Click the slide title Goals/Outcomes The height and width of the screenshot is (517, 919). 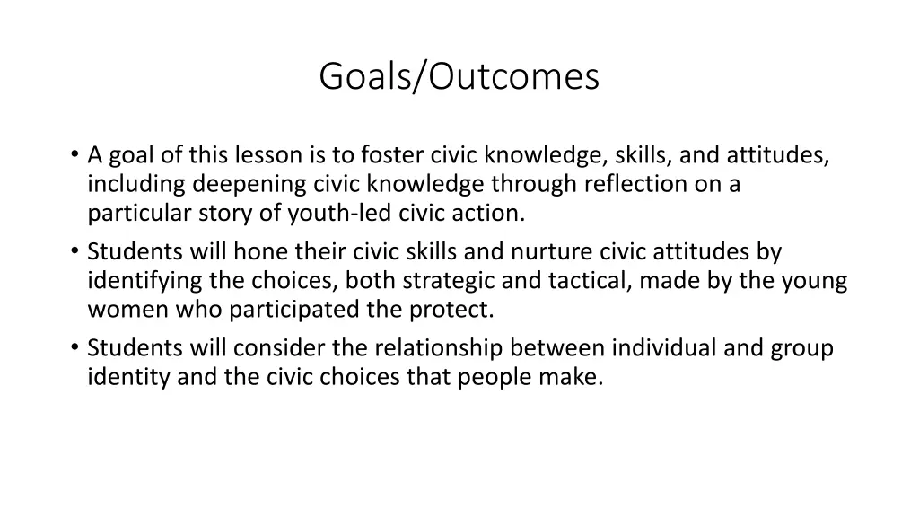pos(459,77)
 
